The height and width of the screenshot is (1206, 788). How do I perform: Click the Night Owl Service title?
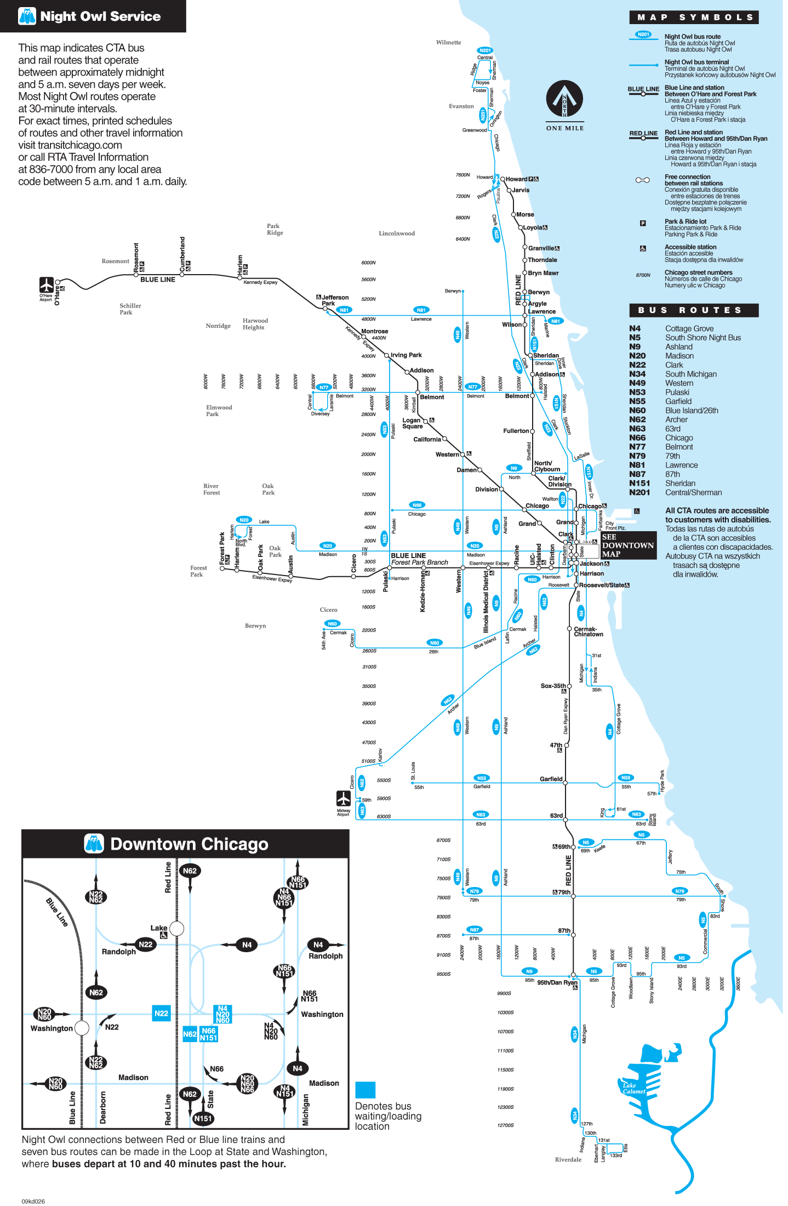100,16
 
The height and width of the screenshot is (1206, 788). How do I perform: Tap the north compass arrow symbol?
564,99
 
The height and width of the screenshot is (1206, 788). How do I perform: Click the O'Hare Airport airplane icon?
46,285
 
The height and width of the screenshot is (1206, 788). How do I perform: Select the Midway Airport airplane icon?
344,798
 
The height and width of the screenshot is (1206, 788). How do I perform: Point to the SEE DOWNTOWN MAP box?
628,545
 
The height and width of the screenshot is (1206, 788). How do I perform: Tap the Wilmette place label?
448,42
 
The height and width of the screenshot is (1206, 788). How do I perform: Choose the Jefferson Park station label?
334,300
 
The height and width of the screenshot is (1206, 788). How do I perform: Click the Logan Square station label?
413,423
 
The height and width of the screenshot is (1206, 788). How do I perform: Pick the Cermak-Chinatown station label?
588,632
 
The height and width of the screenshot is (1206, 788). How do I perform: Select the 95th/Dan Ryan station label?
557,982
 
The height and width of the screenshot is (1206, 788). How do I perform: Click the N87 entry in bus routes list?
637,474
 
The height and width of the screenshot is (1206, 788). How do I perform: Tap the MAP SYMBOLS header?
694,17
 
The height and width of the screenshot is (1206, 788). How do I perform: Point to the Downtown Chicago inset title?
189,844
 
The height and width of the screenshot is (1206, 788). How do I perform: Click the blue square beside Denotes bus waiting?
365,1090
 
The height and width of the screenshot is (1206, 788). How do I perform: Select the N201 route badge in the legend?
643,35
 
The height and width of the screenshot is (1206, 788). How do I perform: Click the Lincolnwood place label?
397,234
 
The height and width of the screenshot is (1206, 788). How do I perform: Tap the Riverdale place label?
568,1159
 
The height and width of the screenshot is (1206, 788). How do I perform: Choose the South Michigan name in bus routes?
690,374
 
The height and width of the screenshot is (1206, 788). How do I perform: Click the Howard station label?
516,179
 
